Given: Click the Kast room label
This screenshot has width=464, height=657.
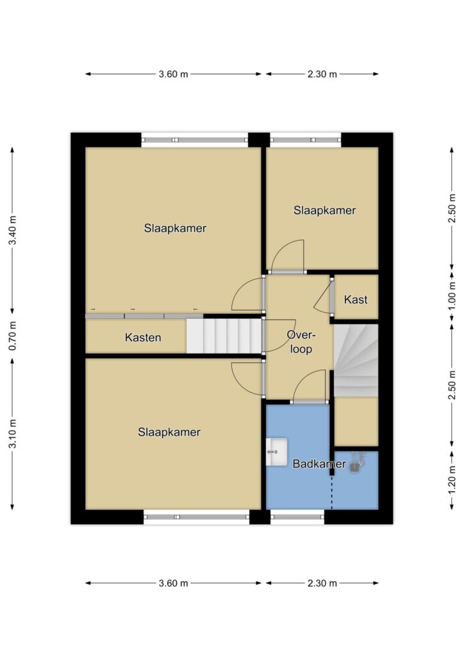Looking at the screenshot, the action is pos(356,300).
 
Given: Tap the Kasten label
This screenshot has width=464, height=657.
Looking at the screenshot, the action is pos(143,337).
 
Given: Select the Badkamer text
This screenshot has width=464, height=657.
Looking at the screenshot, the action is pos(319,464).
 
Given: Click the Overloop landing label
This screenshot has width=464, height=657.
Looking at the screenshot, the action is pos(301,341).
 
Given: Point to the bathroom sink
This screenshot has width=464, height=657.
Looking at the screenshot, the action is pos(277,452).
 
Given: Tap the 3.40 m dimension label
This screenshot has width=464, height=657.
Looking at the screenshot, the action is pos(13,230).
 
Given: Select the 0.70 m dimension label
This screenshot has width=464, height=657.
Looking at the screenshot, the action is pos(13,336).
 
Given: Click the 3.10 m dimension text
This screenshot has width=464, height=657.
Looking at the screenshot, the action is pos(13,433).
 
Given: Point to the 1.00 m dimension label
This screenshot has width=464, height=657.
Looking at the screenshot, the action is pos(452,296).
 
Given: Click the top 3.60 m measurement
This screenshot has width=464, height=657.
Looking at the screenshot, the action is pos(174,74).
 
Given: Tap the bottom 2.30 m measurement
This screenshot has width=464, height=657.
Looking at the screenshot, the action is pos(322,583).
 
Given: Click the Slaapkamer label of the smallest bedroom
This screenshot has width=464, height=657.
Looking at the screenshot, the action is pos(324,210).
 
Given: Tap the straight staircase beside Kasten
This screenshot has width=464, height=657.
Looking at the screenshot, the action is pos(224,336).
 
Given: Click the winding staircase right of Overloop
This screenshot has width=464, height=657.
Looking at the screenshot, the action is pos(356,361).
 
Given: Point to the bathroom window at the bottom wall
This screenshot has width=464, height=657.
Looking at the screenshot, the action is pos(297,516).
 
